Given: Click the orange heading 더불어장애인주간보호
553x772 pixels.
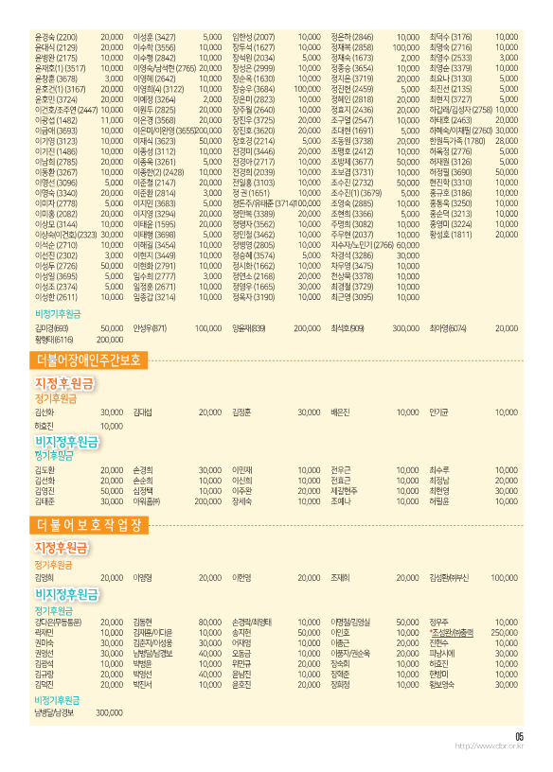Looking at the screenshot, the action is (x=90, y=360).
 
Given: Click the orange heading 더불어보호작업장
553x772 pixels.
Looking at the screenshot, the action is (x=90, y=524).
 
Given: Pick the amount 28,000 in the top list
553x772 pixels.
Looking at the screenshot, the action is (x=507, y=140).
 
